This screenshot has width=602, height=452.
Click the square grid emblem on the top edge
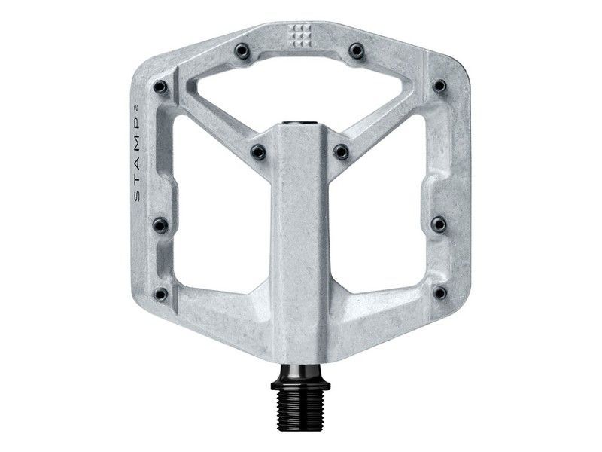click(x=299, y=35)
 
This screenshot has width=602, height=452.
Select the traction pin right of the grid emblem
click(x=355, y=51)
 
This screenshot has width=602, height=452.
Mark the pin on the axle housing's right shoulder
click(x=340, y=151)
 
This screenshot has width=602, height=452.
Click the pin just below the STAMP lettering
click(x=160, y=224)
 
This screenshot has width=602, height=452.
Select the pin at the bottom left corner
click(x=160, y=293)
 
